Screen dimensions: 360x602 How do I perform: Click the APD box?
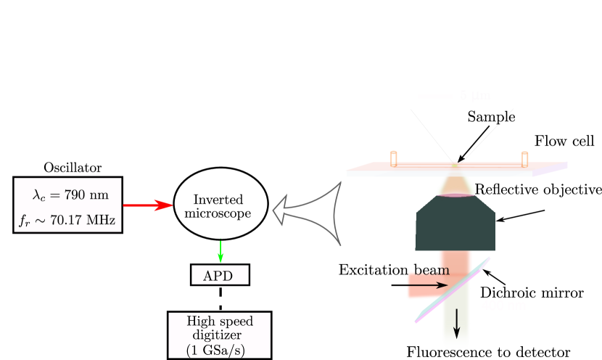point(220,275)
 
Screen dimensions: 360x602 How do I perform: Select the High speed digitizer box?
point(219,335)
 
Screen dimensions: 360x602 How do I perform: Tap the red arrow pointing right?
point(152,205)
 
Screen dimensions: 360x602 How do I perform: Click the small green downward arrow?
point(220,251)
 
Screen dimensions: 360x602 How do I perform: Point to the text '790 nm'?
point(90,195)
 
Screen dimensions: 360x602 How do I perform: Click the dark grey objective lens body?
point(455,226)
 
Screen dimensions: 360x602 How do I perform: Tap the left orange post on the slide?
point(394,158)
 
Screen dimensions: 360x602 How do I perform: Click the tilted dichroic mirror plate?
point(453,290)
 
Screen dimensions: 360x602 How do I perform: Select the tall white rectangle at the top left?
point(23,55)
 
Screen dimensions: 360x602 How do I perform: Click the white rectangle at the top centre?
point(182,55)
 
